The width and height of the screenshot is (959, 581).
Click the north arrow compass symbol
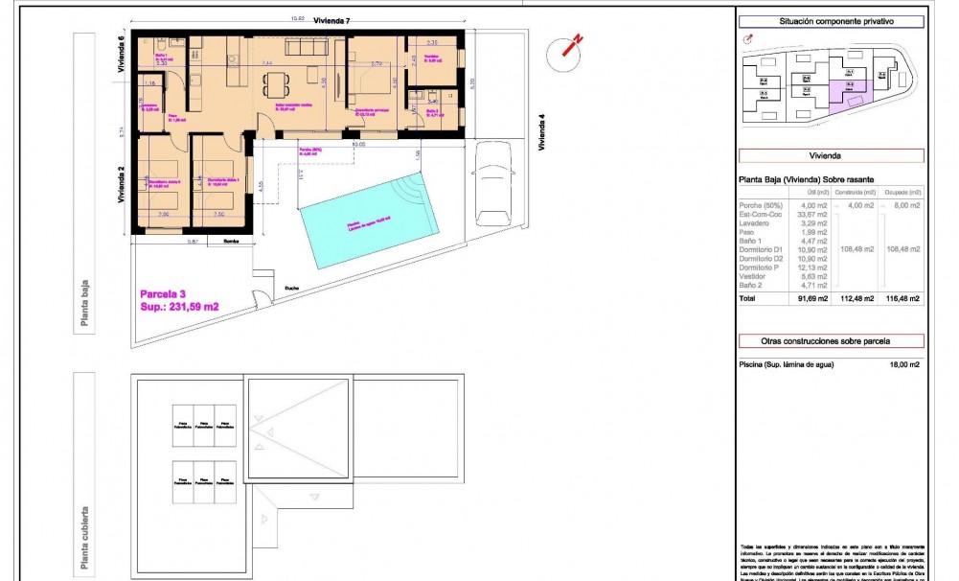[x=571, y=48]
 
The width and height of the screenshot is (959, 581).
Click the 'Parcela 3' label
[x=164, y=293]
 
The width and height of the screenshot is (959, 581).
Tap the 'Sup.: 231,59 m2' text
[x=180, y=307]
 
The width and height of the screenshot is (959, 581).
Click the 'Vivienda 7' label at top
[x=331, y=21]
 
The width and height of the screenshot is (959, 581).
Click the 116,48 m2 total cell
[x=902, y=298]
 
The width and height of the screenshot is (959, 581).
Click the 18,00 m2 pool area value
[x=902, y=364]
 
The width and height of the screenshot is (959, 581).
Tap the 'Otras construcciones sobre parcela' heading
[x=831, y=340]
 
